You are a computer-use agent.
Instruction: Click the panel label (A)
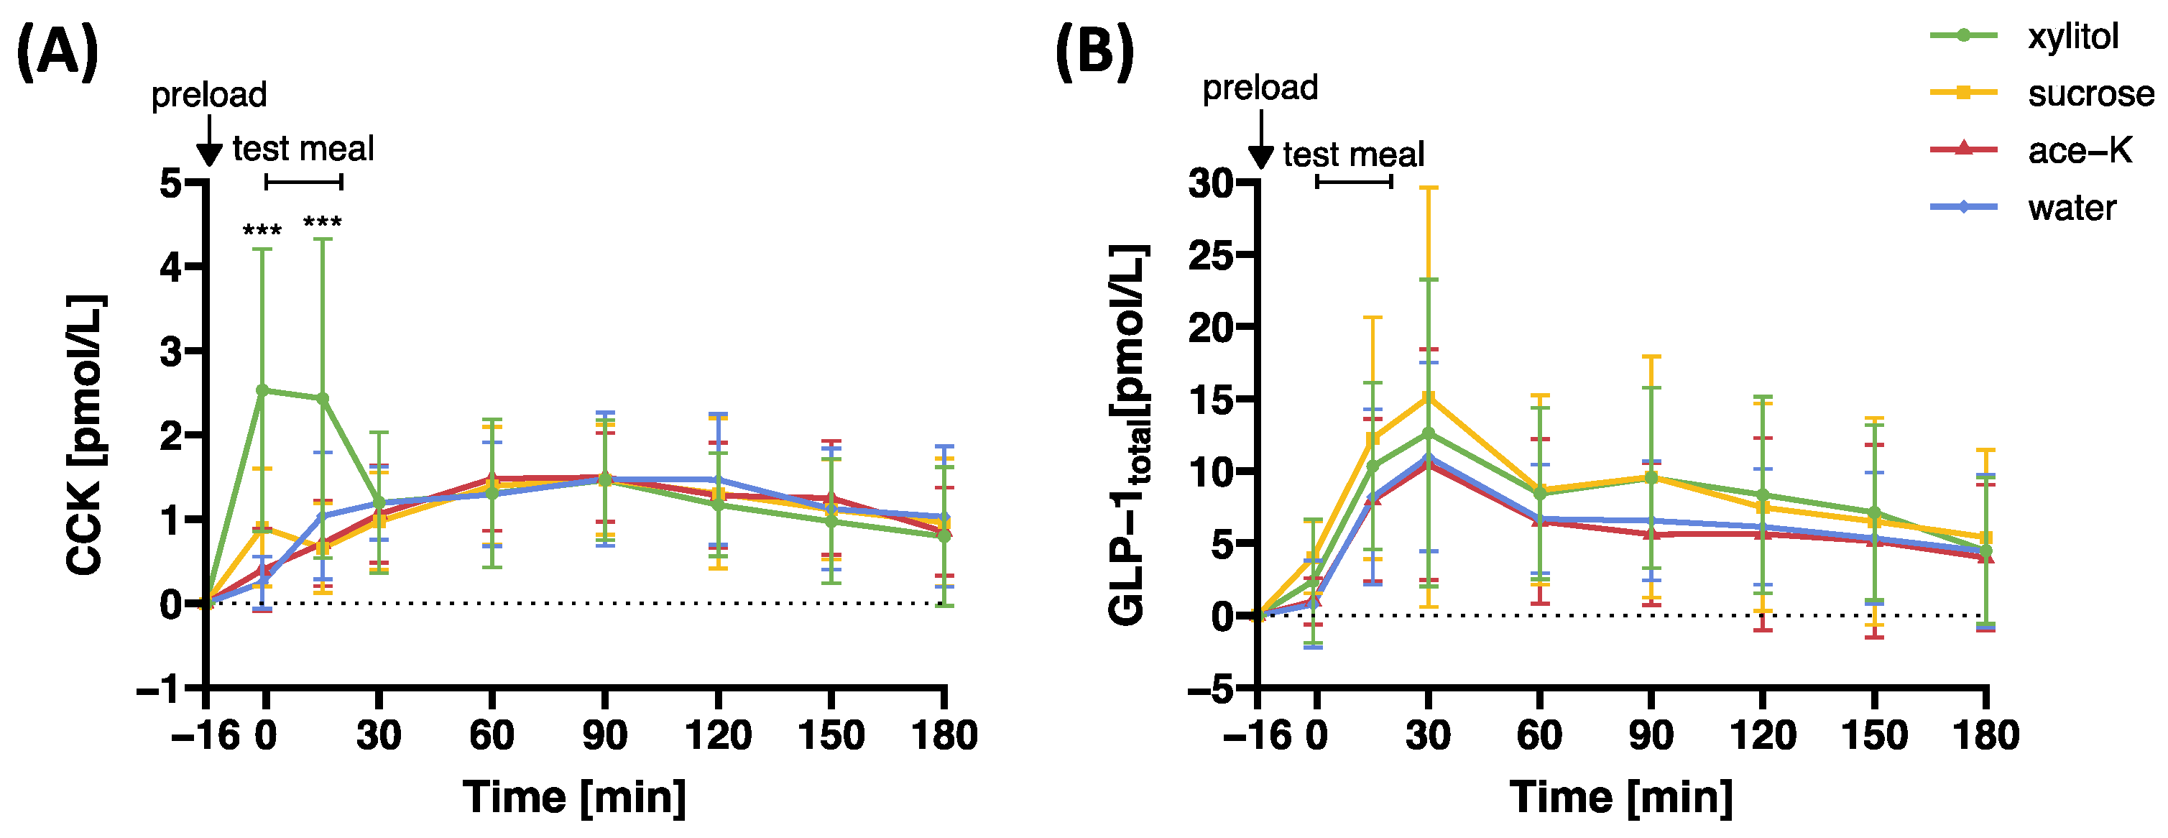pos(57,52)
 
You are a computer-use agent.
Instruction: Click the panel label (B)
pos(1094,52)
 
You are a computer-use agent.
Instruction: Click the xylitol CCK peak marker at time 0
pos(262,390)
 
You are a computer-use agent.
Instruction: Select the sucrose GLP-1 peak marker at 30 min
pos(1429,397)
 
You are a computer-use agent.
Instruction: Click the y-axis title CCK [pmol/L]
pos(85,435)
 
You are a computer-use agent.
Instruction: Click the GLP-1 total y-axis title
pos(1127,435)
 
